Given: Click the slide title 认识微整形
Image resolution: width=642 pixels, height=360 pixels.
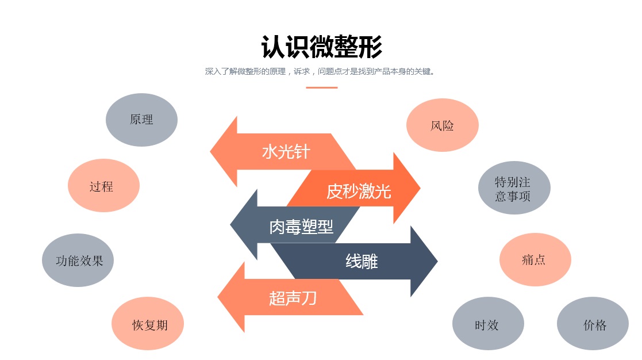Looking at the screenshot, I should [321, 47].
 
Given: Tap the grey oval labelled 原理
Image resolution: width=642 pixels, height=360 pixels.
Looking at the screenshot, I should [141, 120].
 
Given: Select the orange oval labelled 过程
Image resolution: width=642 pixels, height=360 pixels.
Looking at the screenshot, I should [103, 186].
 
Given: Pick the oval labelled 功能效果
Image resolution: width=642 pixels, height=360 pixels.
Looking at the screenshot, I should [78, 261].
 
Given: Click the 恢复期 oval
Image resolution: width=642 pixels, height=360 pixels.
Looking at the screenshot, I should [148, 325].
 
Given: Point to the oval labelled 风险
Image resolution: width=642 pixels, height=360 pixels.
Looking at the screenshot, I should [442, 125].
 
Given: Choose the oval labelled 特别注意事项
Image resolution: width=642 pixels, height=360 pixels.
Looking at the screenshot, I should [514, 188].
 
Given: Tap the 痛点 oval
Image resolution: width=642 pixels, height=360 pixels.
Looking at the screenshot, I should [535, 259].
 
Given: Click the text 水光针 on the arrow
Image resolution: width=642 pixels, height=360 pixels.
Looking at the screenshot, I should [286, 152].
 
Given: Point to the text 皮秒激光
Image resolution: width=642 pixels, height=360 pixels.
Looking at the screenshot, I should [358, 191].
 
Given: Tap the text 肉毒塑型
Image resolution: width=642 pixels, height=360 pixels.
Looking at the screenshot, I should [301, 227].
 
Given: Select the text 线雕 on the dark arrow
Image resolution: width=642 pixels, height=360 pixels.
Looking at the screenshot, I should [362, 262].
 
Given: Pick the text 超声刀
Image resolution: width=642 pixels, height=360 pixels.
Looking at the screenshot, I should [293, 298].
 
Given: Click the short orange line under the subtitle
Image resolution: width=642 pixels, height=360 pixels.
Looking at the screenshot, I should [321, 88].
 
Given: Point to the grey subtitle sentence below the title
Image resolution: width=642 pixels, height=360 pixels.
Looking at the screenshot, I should [321, 72].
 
